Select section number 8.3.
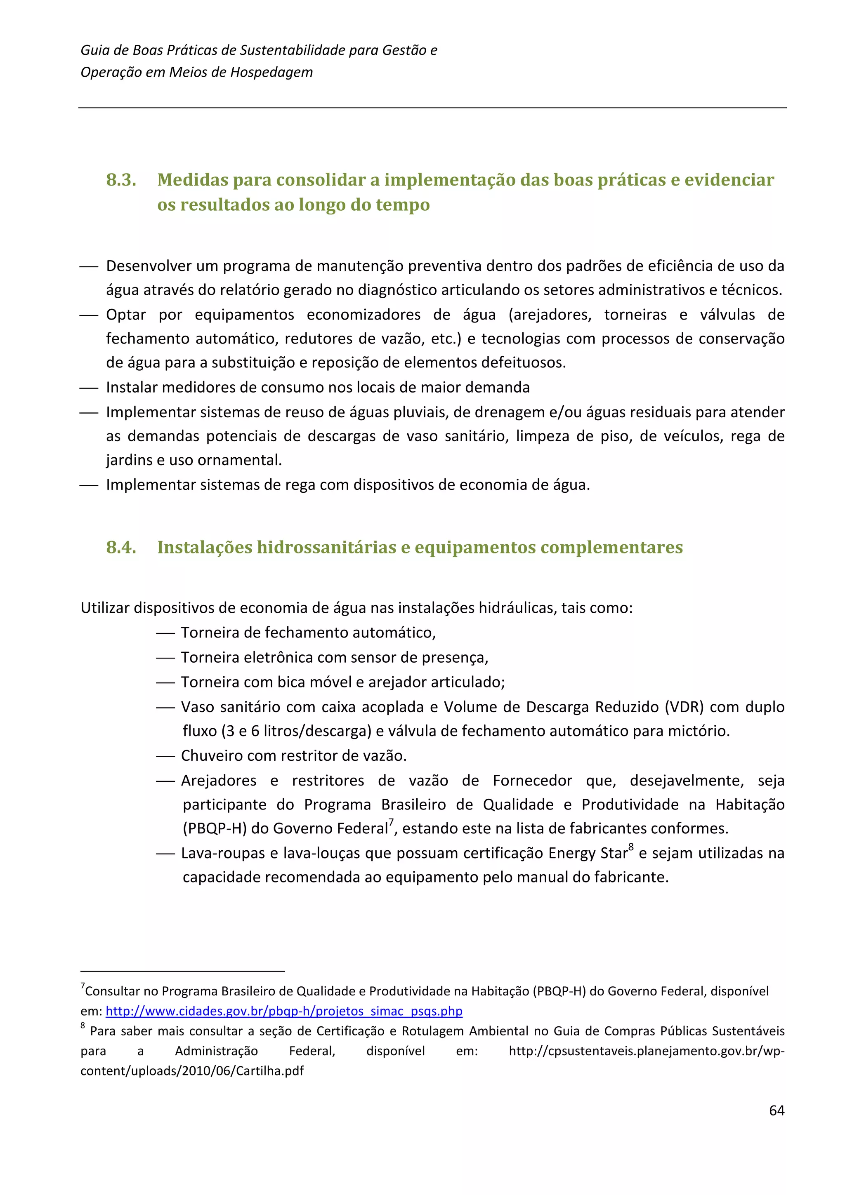click(x=121, y=180)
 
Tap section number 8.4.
click(x=121, y=548)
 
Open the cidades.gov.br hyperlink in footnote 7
click(x=284, y=1011)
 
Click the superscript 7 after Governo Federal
click(x=391, y=822)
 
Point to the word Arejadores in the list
click(x=218, y=781)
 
